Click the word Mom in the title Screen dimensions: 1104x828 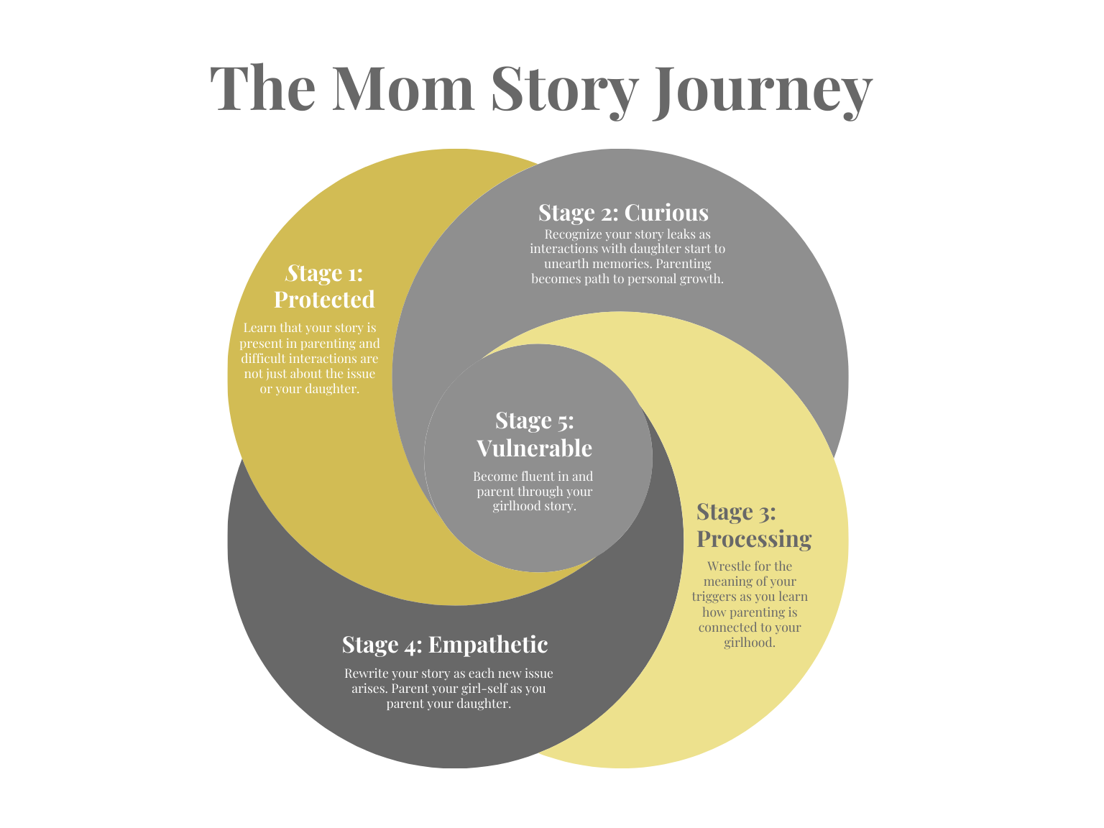pos(403,88)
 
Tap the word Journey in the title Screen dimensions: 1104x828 pos(762,90)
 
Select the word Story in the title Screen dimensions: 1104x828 pos(564,90)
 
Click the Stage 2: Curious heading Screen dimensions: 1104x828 pos(623,213)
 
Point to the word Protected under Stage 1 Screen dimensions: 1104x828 pos(324,299)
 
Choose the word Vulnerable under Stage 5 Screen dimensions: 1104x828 pos(534,448)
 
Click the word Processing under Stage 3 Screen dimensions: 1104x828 pos(754,538)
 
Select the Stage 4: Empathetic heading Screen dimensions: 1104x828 pos(445,645)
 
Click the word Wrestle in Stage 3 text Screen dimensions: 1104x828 pos(729,566)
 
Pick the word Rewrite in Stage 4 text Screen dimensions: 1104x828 pos(366,673)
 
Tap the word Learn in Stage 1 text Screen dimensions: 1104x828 pos(259,328)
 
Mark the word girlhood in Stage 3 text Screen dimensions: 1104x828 pos(749,643)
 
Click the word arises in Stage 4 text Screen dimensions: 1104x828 pos(369,689)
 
